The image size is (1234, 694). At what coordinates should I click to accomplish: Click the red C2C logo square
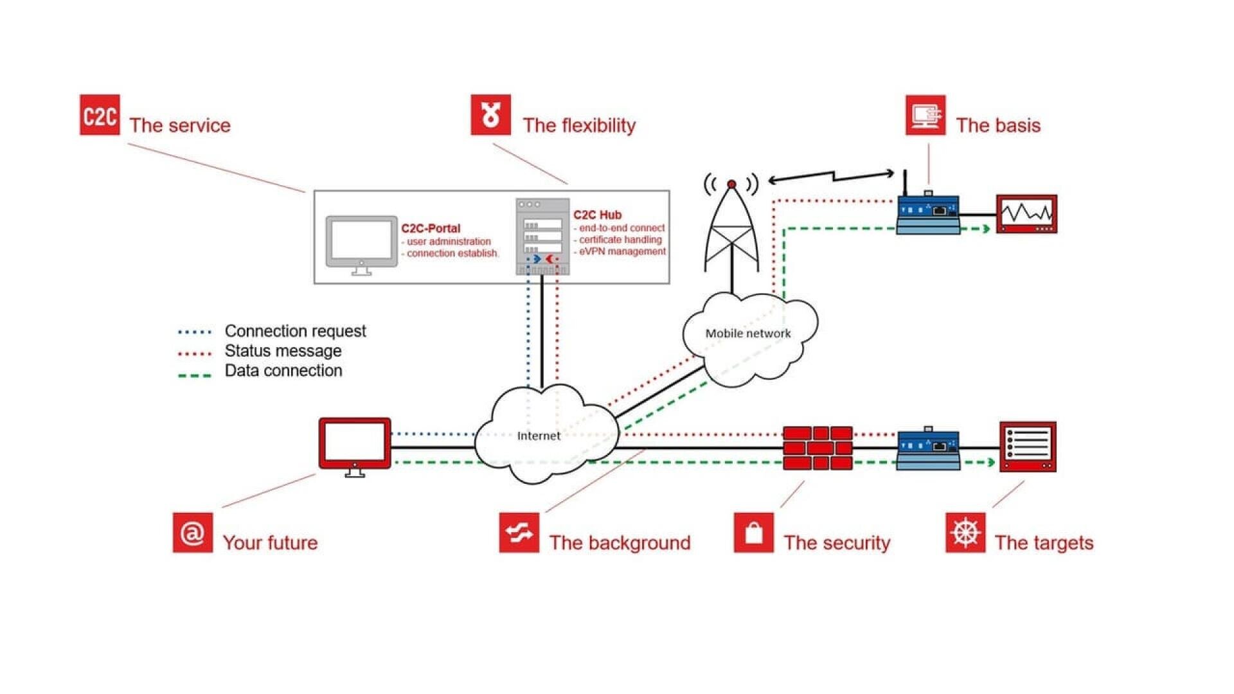tap(100, 115)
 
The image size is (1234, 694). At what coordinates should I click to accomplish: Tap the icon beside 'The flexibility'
tap(490, 115)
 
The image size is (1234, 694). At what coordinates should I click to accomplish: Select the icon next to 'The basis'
tap(925, 115)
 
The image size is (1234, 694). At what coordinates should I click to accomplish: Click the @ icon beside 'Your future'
tap(193, 533)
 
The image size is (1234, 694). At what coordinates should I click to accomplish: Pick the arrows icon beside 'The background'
tap(519, 533)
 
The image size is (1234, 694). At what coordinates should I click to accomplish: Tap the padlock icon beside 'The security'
tap(754, 533)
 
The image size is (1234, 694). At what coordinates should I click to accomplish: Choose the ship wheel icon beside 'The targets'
tap(965, 533)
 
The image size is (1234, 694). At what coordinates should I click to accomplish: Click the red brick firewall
tap(818, 448)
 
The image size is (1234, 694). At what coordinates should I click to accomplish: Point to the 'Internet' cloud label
tap(539, 436)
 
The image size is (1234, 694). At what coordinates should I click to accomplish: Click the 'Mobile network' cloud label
tap(748, 334)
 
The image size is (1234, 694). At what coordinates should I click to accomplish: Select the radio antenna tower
tap(731, 231)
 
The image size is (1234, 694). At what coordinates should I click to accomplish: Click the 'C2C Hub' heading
tap(597, 215)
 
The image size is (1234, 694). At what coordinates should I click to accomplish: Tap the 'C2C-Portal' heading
tap(431, 229)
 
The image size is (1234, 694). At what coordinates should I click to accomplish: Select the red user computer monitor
tap(355, 445)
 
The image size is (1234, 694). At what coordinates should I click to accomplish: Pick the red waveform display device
tap(1026, 214)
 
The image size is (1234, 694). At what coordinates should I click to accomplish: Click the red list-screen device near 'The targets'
tap(1028, 447)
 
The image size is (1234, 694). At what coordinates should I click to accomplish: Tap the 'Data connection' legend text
tap(283, 371)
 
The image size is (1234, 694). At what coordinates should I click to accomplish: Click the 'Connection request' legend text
tap(295, 331)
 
